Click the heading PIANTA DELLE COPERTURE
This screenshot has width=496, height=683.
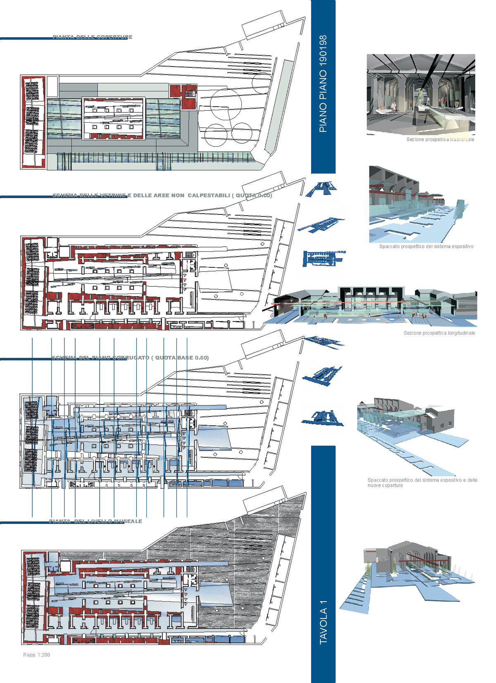[92, 37]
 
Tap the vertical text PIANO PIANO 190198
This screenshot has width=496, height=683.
[323, 83]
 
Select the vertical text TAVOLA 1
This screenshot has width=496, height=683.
[323, 622]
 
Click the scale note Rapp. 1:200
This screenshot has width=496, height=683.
[36, 655]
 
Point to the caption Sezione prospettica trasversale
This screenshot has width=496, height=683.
[440, 140]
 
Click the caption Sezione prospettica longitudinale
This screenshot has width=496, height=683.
[439, 333]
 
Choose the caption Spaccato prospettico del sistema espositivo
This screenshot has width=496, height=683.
[426, 247]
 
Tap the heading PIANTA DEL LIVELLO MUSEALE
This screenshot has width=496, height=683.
[95, 521]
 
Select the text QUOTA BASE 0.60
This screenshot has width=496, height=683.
[181, 358]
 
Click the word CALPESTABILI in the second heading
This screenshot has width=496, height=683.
[208, 195]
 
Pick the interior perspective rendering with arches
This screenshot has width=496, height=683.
[421, 94]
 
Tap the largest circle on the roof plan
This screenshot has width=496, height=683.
[226, 104]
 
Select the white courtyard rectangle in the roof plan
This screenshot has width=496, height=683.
[114, 118]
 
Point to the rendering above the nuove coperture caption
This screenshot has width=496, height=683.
[411, 434]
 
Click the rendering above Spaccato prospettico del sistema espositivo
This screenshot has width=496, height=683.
[417, 205]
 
